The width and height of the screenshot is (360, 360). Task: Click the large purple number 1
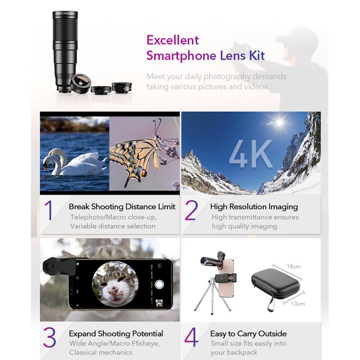(49, 211)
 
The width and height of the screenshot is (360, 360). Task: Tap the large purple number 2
(191, 211)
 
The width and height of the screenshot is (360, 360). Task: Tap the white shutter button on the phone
(159, 284)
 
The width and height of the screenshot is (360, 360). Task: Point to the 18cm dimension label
(293, 266)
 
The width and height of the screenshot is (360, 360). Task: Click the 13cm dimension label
(297, 304)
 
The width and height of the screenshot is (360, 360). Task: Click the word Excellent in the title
(172, 40)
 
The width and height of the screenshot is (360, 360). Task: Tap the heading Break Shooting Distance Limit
(122, 207)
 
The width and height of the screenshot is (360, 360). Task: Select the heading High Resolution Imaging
(254, 207)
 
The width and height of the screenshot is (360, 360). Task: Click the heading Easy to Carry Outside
(248, 334)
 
